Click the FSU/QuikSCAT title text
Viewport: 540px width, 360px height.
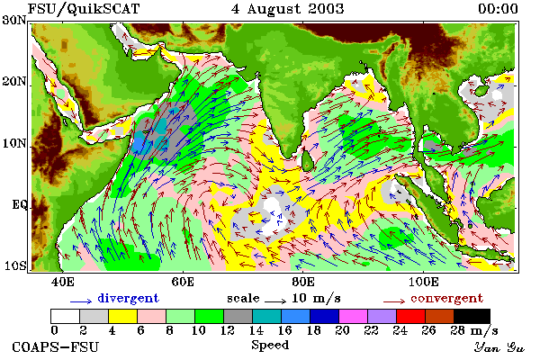pos(84,9)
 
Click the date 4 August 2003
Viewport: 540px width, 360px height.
pos(288,9)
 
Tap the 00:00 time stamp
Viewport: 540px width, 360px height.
pos(498,9)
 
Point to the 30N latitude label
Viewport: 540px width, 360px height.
pos(13,20)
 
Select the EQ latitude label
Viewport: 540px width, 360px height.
pos(19,205)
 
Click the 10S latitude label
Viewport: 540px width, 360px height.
pos(14,265)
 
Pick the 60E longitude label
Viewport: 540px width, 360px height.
pos(183,282)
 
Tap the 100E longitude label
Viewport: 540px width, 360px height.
pos(424,282)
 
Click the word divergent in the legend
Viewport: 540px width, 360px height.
pos(128,298)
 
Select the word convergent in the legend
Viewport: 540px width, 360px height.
pos(446,298)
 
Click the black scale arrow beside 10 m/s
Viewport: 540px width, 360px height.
pos(275,301)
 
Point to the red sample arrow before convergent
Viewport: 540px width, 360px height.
pos(394,301)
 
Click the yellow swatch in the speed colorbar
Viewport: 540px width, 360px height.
pos(122,316)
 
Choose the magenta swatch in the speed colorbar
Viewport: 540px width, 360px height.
pos(353,316)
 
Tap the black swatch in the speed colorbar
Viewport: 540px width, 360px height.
pos(472,316)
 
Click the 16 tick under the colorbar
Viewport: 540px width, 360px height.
pos(284,330)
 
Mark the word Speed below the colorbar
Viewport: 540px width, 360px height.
pos(270,345)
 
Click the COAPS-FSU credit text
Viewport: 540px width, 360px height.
pos(56,346)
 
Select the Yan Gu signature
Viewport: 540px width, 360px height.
pos(499,347)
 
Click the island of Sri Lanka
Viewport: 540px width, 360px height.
pos(307,159)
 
